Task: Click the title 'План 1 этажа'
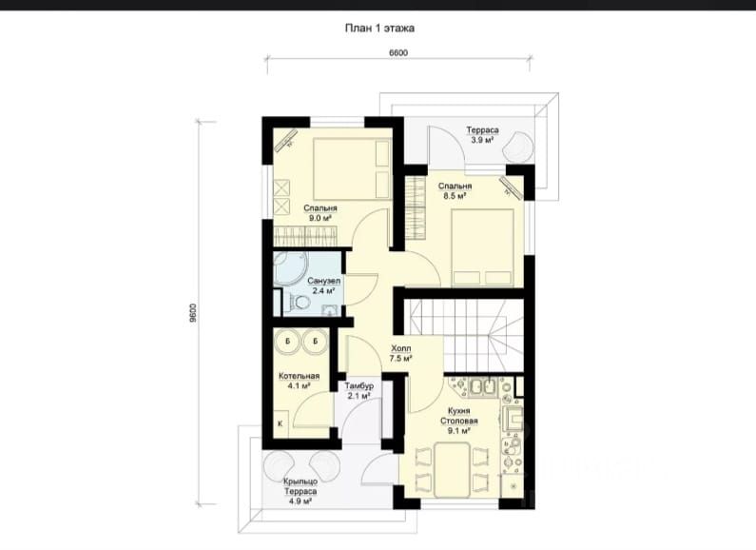pyautogui.click(x=379, y=28)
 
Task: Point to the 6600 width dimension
pyautogui.click(x=398, y=52)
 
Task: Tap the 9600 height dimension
pyautogui.click(x=193, y=313)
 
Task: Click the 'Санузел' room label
pyautogui.click(x=324, y=281)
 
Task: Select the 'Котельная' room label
pyautogui.click(x=299, y=376)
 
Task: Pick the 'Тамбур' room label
pyautogui.click(x=359, y=386)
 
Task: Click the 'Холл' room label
pyautogui.click(x=400, y=348)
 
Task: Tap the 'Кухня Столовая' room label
pyautogui.click(x=458, y=416)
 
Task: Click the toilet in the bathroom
pyautogui.click(x=299, y=303)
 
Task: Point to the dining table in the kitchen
pyautogui.click(x=452, y=470)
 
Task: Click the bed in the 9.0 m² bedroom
pyautogui.click(x=352, y=168)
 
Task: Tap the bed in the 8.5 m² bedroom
pyautogui.click(x=482, y=248)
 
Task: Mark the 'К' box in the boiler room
pyautogui.click(x=281, y=423)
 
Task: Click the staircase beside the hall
pyautogui.click(x=463, y=334)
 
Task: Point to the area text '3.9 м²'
pyautogui.click(x=482, y=141)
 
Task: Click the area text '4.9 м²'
pyautogui.click(x=300, y=501)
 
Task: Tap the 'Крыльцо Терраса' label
pyautogui.click(x=300, y=486)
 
